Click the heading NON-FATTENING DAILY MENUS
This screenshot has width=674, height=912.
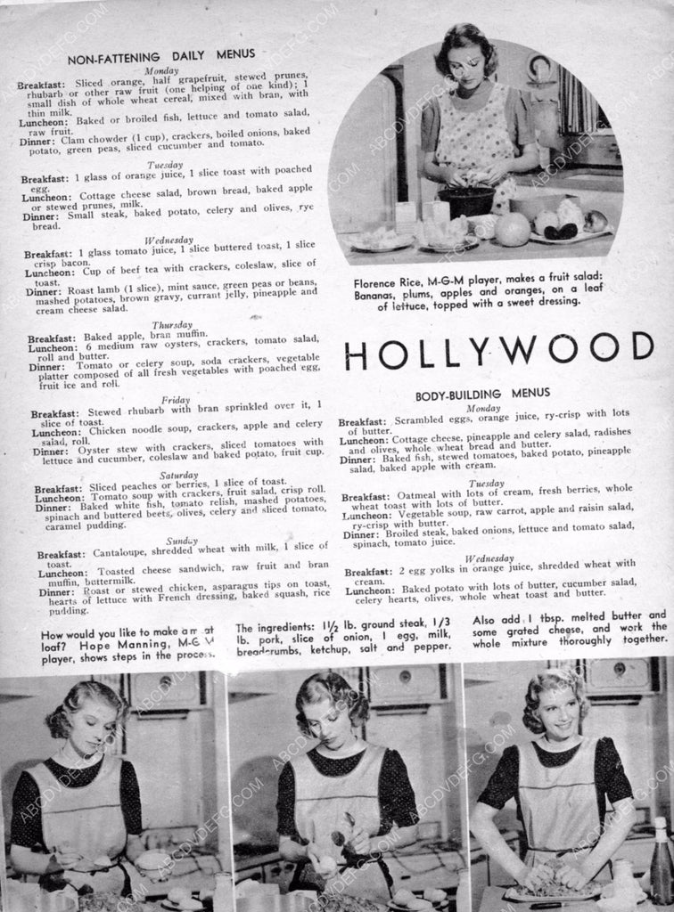[x=160, y=55]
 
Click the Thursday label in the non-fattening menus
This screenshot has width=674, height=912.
[x=172, y=325]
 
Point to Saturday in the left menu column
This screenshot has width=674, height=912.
[x=179, y=475]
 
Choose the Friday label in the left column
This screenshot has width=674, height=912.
[x=176, y=400]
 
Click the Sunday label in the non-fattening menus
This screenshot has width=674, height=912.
[x=182, y=541]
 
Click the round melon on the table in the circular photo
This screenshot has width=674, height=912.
[x=513, y=229]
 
